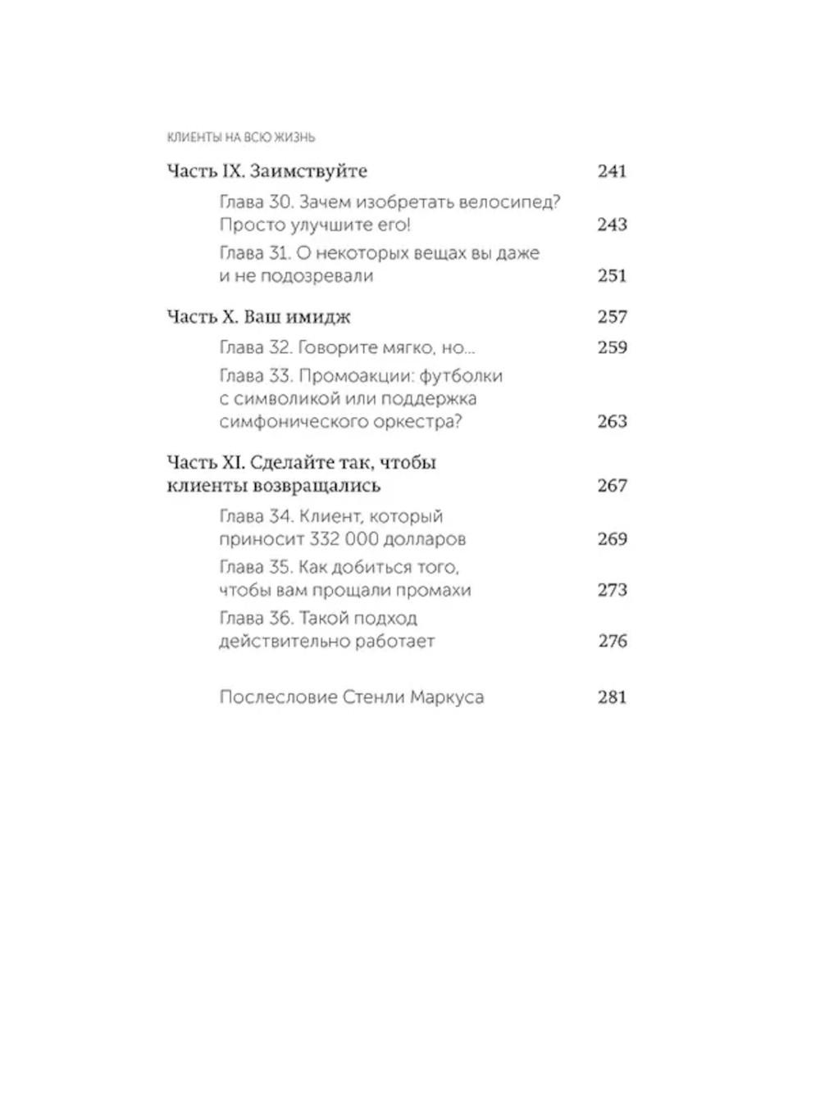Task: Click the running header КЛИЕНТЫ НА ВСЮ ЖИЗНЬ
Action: [x=240, y=138]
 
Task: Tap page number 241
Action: [x=612, y=171]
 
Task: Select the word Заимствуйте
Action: [x=308, y=171]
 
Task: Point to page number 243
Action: [x=612, y=225]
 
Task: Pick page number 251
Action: [x=612, y=276]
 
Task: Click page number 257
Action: [x=612, y=317]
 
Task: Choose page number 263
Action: [x=612, y=422]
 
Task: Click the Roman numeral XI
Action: [x=234, y=462]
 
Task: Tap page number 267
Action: [x=612, y=486]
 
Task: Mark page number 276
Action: [x=612, y=641]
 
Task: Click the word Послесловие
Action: [x=279, y=697]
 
